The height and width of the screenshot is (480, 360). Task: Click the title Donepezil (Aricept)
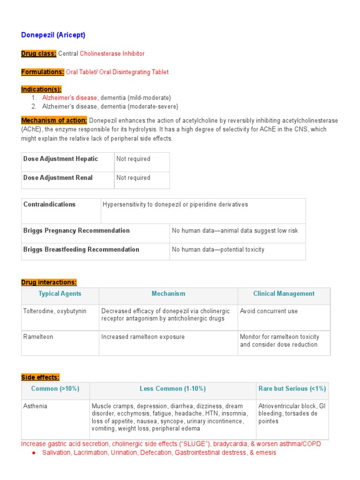click(x=53, y=35)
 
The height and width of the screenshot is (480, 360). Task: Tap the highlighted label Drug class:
click(x=38, y=54)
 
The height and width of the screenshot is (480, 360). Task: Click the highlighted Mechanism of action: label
click(x=54, y=121)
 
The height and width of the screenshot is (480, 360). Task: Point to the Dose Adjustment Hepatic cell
click(x=60, y=159)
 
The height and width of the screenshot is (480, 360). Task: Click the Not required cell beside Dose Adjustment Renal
click(x=134, y=178)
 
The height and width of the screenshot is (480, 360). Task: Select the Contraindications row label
click(x=49, y=205)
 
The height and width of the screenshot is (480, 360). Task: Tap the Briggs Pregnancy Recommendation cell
click(x=76, y=231)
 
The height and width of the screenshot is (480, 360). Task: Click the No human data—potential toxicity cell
click(x=218, y=250)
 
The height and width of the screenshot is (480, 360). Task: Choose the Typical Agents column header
click(x=60, y=294)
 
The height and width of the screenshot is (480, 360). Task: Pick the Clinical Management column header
click(x=284, y=294)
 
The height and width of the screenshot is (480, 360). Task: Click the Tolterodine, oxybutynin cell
click(x=55, y=311)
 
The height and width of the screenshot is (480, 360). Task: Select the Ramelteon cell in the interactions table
click(x=37, y=337)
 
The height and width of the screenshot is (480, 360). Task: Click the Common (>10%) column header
click(x=55, y=389)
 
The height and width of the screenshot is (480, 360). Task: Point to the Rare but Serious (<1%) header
click(x=292, y=389)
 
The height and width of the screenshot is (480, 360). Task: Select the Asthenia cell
click(x=35, y=406)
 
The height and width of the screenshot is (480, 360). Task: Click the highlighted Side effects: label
click(x=40, y=377)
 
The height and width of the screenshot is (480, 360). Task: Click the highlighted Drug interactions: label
click(x=49, y=282)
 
